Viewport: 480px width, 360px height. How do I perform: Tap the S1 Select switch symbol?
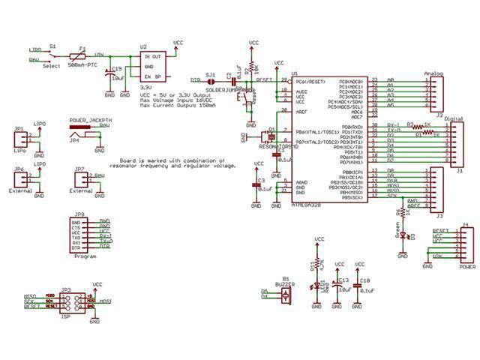[52, 55]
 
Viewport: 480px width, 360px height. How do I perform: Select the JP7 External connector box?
[80, 181]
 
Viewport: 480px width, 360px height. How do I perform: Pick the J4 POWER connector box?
[465, 245]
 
